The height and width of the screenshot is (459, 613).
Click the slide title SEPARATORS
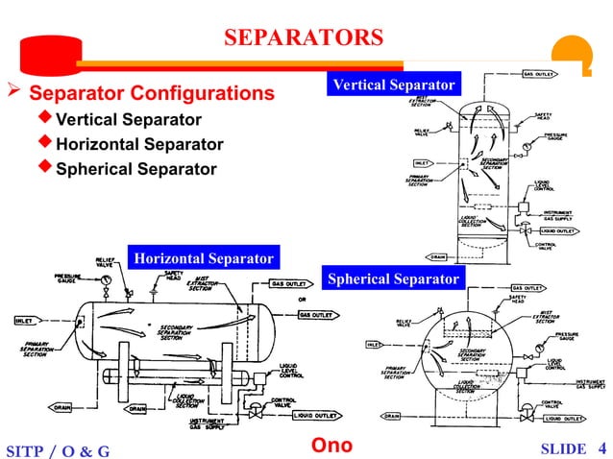tap(303, 39)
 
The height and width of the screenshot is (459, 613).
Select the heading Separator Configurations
tap(151, 94)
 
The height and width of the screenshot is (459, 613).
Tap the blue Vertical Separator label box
tap(393, 85)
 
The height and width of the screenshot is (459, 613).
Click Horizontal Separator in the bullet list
tap(139, 144)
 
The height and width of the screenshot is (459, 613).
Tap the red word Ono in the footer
tap(332, 446)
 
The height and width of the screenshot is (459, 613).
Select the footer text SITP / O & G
tap(58, 449)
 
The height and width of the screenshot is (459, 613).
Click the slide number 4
tap(601, 447)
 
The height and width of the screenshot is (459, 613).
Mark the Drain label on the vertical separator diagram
tap(437, 256)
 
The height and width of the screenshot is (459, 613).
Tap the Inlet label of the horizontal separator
tap(25, 321)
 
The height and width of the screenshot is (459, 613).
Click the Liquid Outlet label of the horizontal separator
tap(316, 416)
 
